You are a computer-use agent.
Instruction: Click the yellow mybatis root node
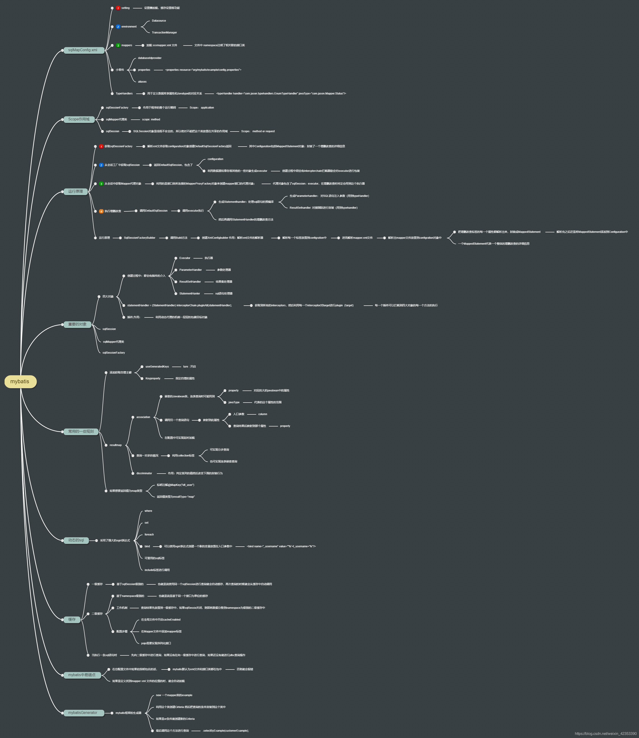20,381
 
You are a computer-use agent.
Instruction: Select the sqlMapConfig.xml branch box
83,50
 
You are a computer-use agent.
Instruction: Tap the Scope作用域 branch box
79,119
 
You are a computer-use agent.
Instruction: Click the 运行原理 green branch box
76,191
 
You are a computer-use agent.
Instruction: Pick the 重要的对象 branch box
77,324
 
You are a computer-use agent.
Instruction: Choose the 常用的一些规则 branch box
81,431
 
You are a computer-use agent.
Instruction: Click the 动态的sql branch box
76,540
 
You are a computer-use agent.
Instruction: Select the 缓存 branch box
72,619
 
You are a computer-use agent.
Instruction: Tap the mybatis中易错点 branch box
82,675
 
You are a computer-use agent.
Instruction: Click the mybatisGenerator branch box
83,713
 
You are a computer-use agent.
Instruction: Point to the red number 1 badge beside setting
118,8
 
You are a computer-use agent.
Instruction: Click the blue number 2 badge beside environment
118,27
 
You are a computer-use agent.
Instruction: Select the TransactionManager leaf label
164,33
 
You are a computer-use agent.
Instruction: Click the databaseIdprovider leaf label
150,58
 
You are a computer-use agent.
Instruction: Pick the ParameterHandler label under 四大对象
190,270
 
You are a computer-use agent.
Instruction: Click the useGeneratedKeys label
157,367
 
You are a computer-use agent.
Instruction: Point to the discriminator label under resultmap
144,473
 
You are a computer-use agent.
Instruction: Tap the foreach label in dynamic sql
149,535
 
